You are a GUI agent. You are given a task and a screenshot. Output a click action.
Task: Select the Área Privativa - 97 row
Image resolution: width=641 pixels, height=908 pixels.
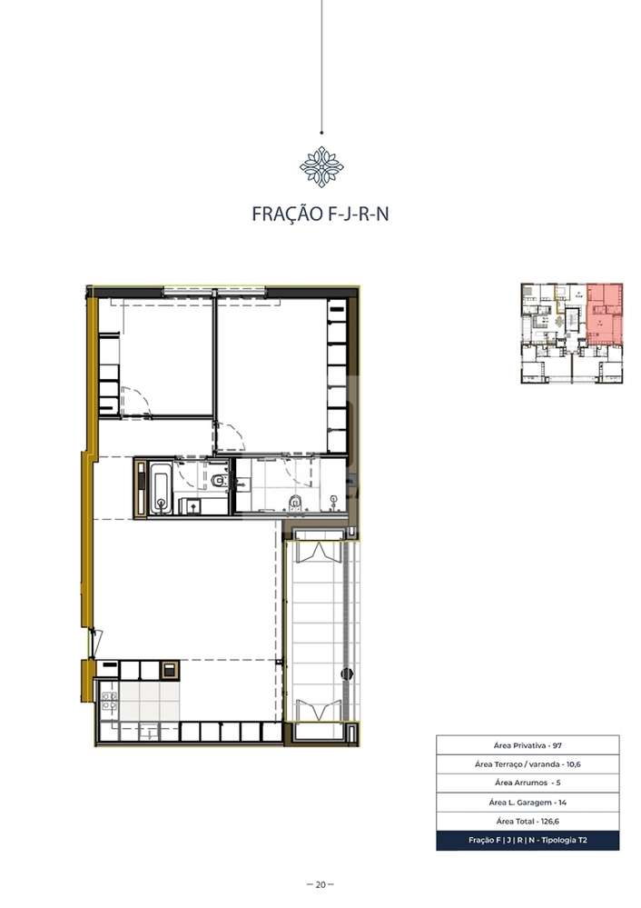528,744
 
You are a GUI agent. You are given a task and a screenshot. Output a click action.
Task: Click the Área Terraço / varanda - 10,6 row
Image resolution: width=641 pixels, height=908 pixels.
528,764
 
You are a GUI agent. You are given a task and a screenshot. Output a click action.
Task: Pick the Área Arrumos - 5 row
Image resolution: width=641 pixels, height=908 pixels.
528,783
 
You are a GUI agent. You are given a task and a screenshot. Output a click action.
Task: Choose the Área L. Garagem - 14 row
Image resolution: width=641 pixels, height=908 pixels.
528,803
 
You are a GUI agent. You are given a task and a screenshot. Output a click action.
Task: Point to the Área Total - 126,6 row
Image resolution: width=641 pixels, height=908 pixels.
528,822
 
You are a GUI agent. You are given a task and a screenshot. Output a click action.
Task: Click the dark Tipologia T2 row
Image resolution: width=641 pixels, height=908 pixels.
528,841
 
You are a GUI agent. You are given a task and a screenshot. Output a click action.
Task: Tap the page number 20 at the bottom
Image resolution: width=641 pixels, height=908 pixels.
320,884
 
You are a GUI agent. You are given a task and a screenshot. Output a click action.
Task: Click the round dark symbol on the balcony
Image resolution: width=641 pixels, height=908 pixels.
345,674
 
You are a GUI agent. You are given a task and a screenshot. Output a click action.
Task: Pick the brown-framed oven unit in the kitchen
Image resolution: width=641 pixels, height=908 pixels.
168,670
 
